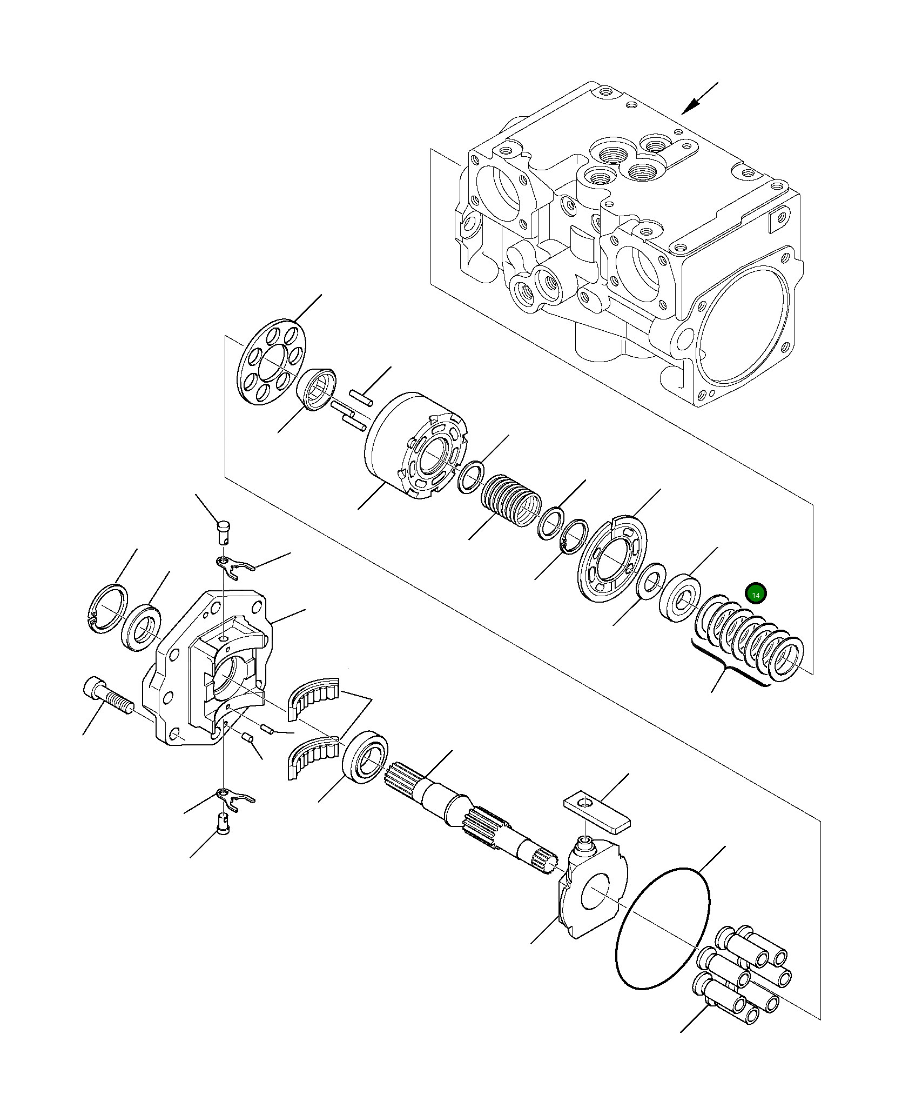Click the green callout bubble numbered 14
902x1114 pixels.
(x=756, y=595)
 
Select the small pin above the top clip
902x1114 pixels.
(x=224, y=532)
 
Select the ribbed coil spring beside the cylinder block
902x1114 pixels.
(x=510, y=500)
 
